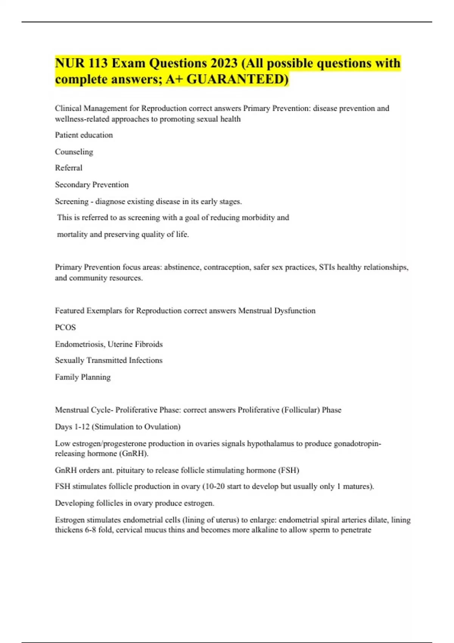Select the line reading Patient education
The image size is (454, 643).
click(84, 135)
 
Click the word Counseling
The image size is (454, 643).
click(74, 152)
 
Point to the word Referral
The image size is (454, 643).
click(68, 168)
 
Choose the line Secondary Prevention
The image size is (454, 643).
click(92, 185)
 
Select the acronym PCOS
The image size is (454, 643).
click(65, 327)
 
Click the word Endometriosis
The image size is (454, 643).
click(79, 344)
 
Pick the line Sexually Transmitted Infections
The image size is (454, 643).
click(109, 360)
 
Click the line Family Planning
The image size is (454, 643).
click(82, 377)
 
